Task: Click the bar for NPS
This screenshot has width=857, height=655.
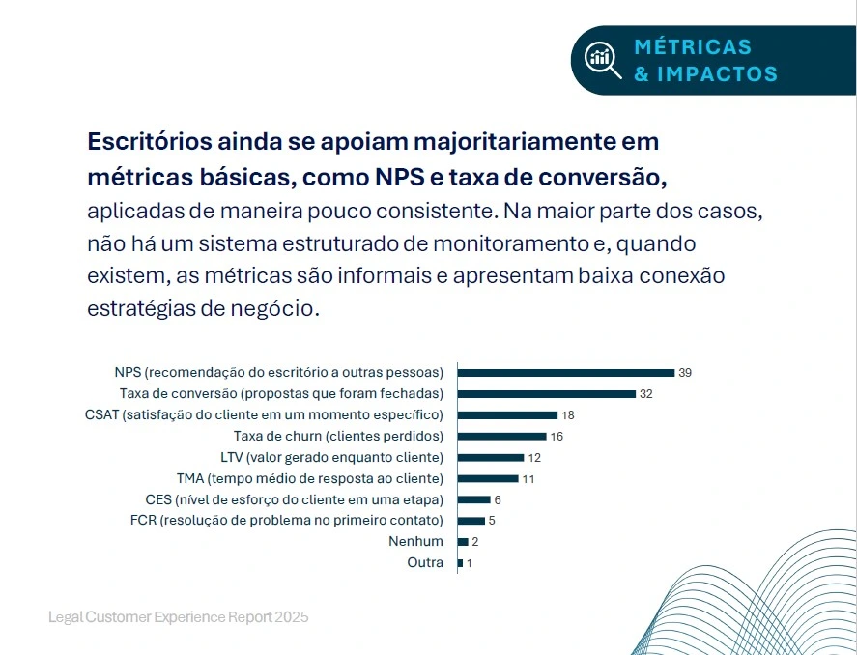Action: point(565,372)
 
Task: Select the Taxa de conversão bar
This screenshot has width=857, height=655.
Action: point(547,393)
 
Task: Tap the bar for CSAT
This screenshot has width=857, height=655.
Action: point(507,414)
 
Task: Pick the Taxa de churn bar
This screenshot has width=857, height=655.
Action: point(501,436)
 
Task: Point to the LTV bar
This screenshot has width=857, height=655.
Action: point(491,457)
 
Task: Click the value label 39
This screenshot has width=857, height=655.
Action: point(685,372)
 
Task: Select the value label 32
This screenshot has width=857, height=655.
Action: point(646,393)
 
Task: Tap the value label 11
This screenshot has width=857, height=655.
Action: point(528,478)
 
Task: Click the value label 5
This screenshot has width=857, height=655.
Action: point(492,521)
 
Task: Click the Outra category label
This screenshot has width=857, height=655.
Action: point(425,562)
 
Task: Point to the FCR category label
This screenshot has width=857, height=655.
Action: point(286,521)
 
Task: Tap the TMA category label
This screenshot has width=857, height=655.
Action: point(309,478)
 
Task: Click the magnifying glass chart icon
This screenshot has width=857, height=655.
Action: point(602,60)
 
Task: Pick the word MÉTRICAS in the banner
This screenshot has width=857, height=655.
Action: point(693,47)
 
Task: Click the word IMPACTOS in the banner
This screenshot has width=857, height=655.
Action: point(717,73)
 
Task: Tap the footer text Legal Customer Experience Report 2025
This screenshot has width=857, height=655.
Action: point(179,616)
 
